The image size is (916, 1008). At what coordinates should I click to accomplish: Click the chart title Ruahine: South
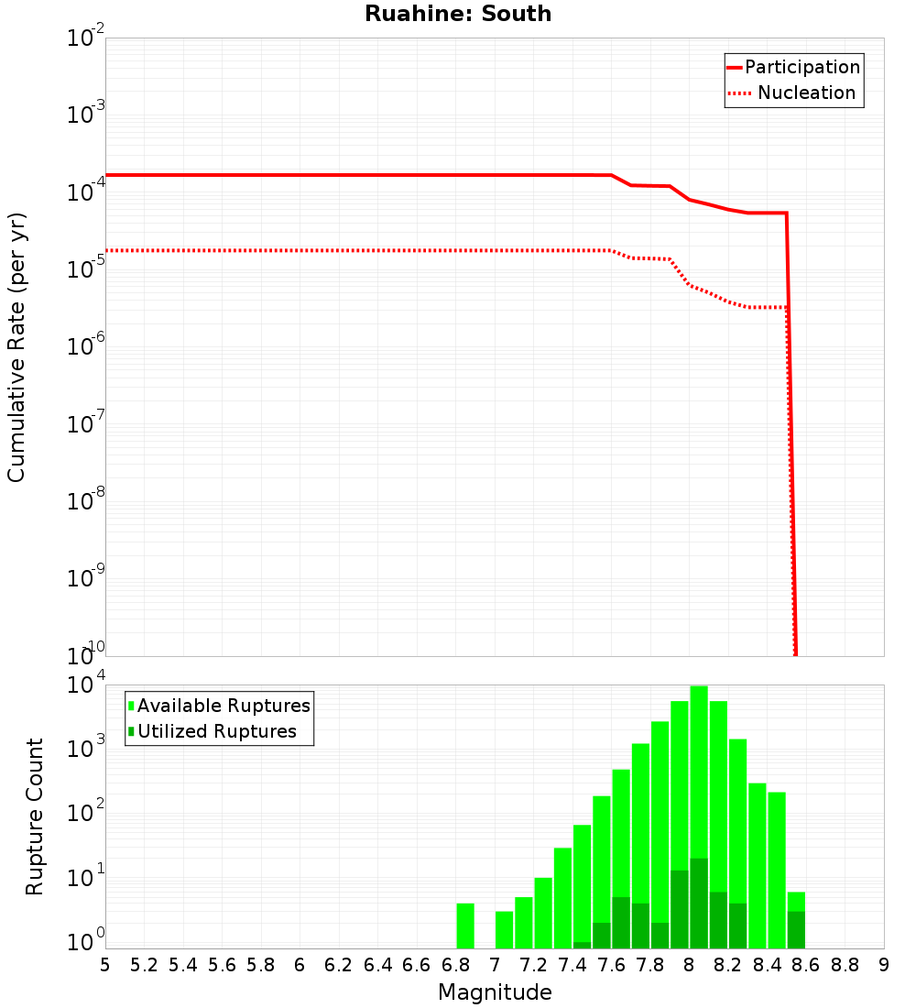pos(458,14)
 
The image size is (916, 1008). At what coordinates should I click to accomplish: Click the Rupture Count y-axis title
pos(35,816)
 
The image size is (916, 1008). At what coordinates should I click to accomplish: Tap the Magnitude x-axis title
pos(495,992)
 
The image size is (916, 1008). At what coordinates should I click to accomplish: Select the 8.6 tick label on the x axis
pos(806,964)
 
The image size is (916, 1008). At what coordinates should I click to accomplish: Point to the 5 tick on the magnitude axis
pos(105,964)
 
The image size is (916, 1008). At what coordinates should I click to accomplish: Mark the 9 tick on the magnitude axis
pos(884,964)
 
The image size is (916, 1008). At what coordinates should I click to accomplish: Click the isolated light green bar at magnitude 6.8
pos(465,926)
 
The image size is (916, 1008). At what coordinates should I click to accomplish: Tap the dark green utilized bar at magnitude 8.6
pos(796,929)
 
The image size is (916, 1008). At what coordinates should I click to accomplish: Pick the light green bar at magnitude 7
pos(504,929)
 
